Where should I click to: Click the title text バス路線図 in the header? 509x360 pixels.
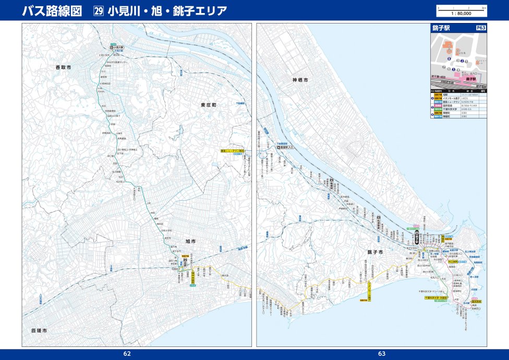coord(52,11)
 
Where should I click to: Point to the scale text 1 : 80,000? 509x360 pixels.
coord(461,14)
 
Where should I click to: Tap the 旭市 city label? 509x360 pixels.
coord(190,242)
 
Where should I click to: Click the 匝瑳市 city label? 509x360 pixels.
coord(38,331)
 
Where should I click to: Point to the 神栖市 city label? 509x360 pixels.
coord(300,80)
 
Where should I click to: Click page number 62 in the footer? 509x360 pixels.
coord(127,354)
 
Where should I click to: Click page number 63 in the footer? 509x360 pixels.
coord(382,354)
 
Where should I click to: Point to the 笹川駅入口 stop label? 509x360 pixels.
coord(287,148)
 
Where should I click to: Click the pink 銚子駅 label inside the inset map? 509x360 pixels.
coord(471,78)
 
